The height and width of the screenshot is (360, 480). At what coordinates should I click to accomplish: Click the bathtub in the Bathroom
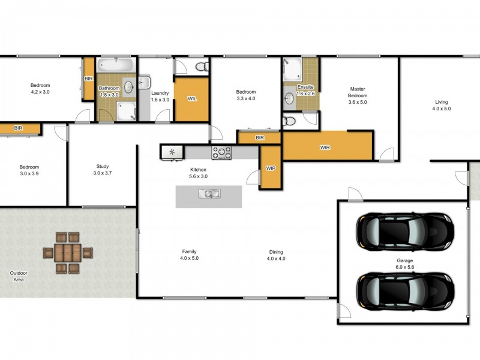point(116,65)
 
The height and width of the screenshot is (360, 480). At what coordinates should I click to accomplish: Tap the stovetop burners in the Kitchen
point(221,153)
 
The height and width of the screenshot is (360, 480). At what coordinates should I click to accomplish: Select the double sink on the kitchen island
point(209,193)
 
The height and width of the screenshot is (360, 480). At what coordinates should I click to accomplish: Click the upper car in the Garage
point(405,232)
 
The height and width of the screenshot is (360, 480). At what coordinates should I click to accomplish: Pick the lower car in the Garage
point(405,292)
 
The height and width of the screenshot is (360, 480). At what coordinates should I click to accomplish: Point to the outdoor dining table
point(68,253)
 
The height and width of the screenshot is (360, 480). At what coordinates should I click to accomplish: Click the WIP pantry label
point(271,169)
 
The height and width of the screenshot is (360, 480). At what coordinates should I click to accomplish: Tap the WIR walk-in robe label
point(325,148)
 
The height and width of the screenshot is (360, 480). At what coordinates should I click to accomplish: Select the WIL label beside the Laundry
point(192,98)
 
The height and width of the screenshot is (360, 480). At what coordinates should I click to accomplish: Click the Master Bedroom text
point(358,92)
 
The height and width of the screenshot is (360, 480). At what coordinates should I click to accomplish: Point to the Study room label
point(103,167)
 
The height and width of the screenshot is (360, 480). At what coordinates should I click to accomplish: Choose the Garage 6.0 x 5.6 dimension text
point(404,267)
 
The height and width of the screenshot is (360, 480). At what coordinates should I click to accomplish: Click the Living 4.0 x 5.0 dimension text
point(442,109)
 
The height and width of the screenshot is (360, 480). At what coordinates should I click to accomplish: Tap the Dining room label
point(276,252)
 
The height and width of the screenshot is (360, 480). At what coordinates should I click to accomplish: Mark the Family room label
point(189,251)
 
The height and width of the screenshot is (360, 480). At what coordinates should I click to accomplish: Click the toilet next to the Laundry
point(202,67)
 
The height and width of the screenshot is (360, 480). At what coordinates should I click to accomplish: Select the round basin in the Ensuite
point(289,98)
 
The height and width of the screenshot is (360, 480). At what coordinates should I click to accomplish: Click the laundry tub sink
point(144,82)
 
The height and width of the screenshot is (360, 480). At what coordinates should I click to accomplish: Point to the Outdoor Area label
point(19,276)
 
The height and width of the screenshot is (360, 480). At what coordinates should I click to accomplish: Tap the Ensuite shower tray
point(292,70)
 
